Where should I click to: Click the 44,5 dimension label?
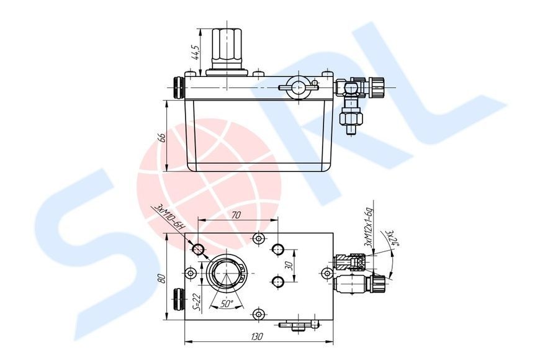click(x=196, y=52)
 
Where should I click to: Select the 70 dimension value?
click(x=236, y=215)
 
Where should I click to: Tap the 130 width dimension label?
click(x=257, y=336)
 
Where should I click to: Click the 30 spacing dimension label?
click(x=289, y=265)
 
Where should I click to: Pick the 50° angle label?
click(x=227, y=304)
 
